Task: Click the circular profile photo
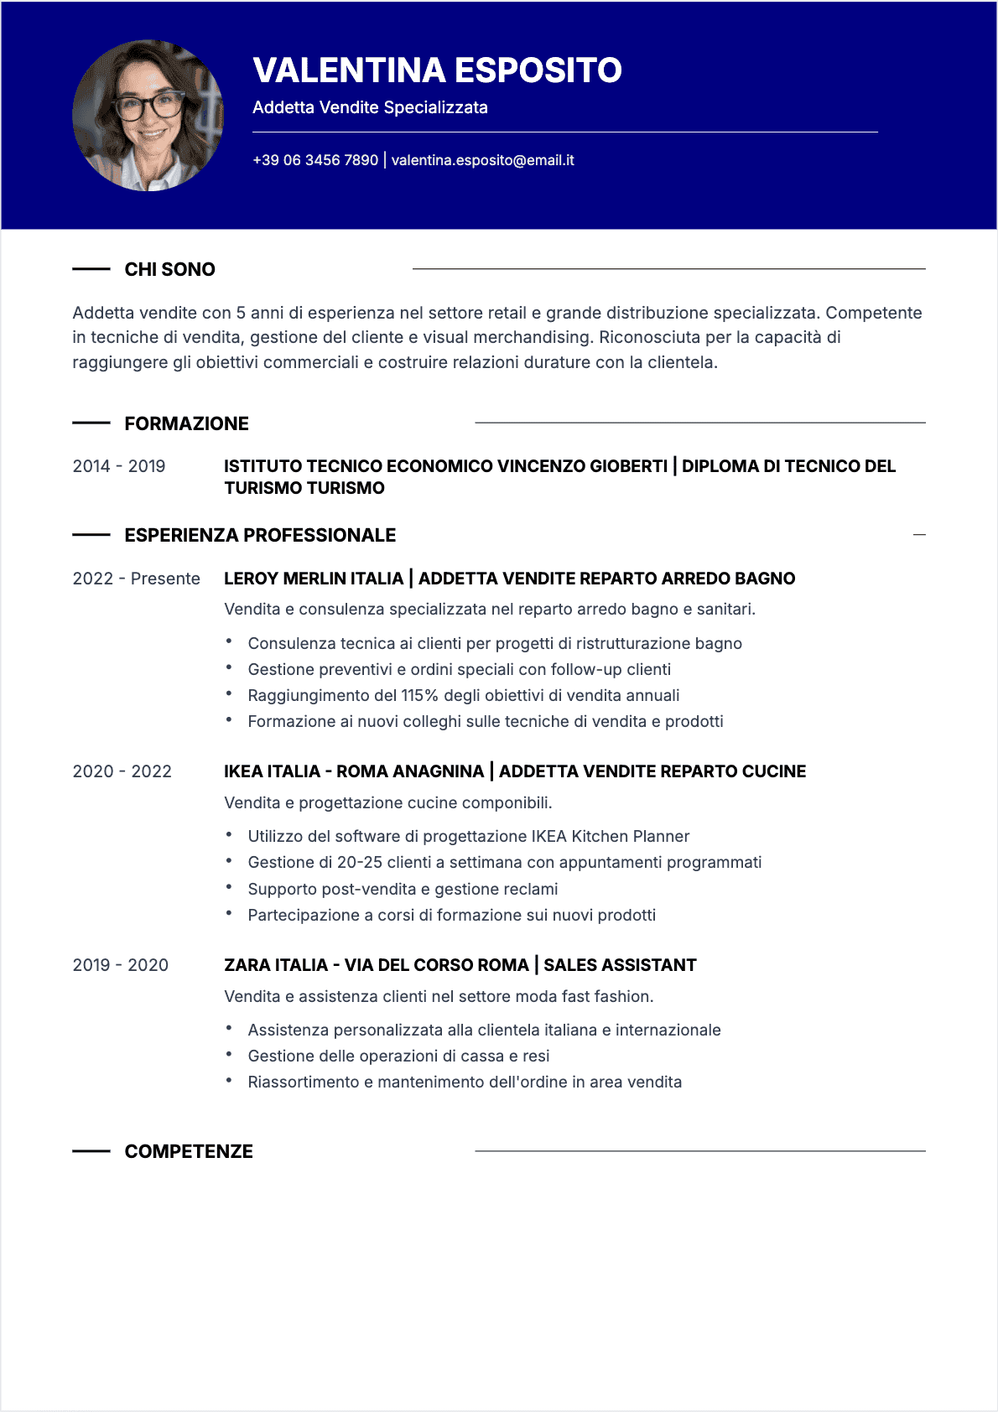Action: point(148,116)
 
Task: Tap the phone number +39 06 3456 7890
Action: point(315,160)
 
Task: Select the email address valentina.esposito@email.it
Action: point(482,160)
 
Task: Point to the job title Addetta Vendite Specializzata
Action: point(370,107)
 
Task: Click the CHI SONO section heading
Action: point(169,269)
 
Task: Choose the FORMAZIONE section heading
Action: point(186,423)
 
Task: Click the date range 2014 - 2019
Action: point(119,466)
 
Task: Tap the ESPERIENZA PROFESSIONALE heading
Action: point(260,535)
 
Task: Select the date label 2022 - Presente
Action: point(136,579)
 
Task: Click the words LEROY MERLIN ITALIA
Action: point(313,579)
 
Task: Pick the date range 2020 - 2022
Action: point(122,771)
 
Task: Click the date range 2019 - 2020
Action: point(120,965)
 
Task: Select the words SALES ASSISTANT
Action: point(620,965)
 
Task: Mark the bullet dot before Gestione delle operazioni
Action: point(228,1054)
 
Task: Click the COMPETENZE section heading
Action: point(189,1151)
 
